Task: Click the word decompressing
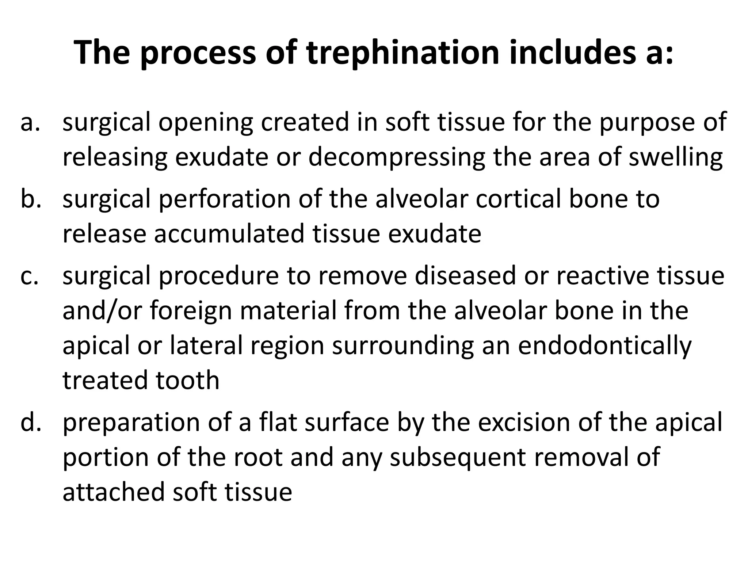tap(397, 158)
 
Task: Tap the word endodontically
tap(604, 346)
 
